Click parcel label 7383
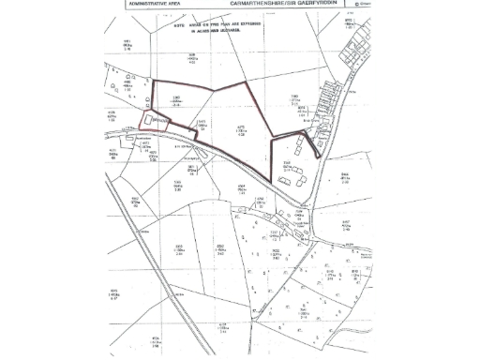tap(293, 97)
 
